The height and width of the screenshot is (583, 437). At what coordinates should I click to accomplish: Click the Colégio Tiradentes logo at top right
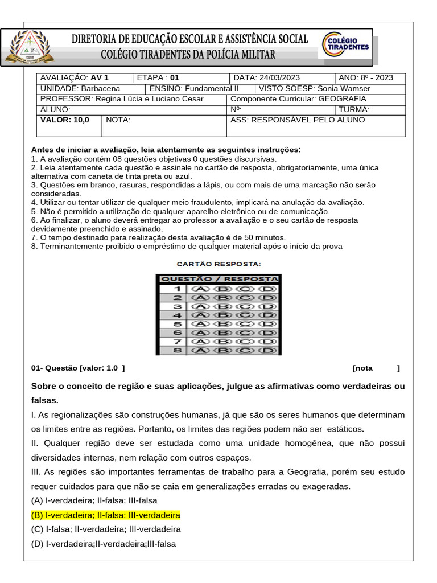coord(346,46)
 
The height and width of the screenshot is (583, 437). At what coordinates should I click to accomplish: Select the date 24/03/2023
coord(279,78)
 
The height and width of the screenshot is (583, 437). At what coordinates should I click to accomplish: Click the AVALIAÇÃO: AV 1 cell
coord(75,78)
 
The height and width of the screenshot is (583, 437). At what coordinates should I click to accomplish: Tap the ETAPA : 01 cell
coord(158,78)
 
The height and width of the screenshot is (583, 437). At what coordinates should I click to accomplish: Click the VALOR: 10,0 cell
coord(65,120)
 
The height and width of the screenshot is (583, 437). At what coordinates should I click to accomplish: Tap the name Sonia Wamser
coord(344,89)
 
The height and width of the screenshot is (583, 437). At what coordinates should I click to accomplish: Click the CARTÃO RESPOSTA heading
coord(218,264)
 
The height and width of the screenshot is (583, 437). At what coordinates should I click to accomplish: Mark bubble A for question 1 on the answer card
coord(199,289)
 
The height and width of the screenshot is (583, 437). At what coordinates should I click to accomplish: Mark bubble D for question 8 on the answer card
coord(267,351)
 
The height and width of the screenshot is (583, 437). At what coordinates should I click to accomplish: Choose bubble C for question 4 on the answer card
coord(245,315)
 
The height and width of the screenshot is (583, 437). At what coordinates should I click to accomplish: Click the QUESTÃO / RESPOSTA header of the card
coord(219,279)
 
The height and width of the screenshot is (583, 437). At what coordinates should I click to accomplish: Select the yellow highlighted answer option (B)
coord(106,515)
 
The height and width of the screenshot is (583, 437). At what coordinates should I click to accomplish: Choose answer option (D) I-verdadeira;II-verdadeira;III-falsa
coord(104,544)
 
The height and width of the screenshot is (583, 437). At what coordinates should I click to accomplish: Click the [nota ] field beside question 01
coord(376,368)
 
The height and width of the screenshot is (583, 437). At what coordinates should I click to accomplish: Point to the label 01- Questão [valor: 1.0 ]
coord(78,368)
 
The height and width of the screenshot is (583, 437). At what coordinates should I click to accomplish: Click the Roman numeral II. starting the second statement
coord(35,444)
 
